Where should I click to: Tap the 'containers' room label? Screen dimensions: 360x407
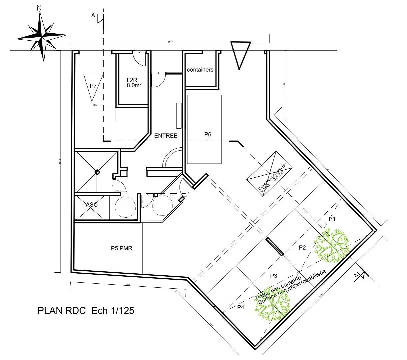[200, 70]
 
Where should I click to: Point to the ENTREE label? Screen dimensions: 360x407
[166, 136]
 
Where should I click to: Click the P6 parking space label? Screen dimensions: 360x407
[208, 134]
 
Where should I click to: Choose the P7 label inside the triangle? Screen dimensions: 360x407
[93, 86]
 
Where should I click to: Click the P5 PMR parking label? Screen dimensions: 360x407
[122, 248]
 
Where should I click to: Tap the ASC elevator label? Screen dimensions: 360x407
[92, 204]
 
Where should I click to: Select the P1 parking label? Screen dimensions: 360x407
[332, 219]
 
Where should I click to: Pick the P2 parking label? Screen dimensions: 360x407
[302, 248]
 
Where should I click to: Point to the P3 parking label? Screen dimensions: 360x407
[274, 276]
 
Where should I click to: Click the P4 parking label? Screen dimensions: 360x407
[240, 307]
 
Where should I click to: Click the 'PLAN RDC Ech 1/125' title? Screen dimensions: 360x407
[86, 310]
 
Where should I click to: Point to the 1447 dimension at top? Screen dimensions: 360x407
[170, 42]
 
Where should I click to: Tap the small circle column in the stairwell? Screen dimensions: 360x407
[97, 172]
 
